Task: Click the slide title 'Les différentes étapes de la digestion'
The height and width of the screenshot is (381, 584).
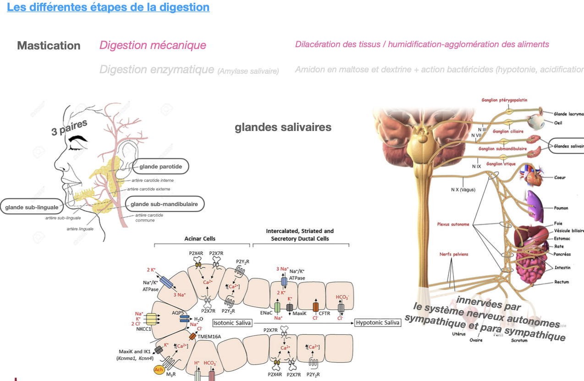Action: [x=108, y=8]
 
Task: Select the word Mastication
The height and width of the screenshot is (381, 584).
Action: [x=49, y=46]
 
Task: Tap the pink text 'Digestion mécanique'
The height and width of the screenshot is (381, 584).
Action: [x=153, y=45]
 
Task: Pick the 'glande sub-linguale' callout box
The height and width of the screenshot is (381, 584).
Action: [x=32, y=207]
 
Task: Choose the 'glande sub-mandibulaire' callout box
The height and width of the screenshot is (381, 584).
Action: [x=164, y=204]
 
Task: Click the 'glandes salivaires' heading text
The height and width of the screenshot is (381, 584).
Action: [x=283, y=127]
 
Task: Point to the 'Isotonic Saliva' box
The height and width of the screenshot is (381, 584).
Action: [x=232, y=323]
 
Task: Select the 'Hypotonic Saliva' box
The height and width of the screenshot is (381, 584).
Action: [x=378, y=323]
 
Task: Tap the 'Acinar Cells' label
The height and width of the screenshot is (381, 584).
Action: [x=199, y=239]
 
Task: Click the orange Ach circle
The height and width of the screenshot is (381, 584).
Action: [x=159, y=370]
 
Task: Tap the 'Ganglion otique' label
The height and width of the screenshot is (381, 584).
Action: [x=501, y=164]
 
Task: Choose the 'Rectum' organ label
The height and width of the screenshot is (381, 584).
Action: [x=562, y=282]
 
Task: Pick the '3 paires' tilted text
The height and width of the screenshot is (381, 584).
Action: [x=69, y=128]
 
